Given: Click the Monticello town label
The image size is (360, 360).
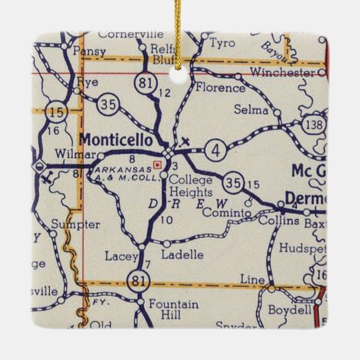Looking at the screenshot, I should point(116,139).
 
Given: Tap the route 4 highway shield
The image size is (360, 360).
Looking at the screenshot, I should point(215,150).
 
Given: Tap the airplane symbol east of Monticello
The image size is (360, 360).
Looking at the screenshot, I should point(186,143).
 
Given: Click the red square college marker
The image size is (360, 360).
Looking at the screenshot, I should point(158,164).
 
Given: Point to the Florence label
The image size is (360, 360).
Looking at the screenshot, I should point(220,88).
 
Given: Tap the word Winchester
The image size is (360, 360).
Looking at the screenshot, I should point(281,73).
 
